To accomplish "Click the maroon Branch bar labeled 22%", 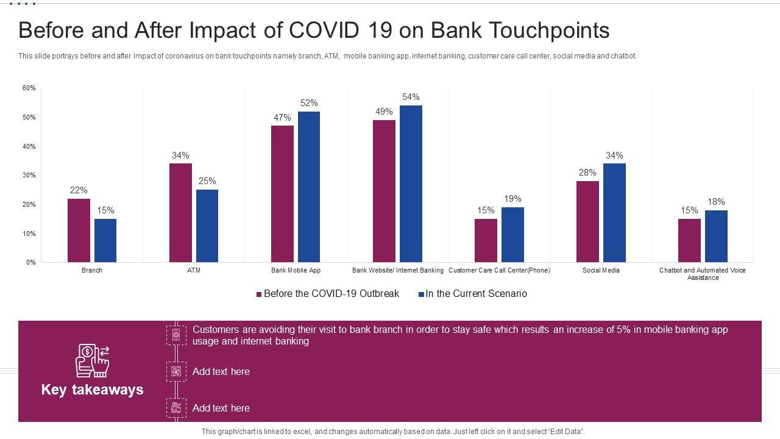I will tap(79, 230).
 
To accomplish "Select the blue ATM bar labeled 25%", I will tap(207, 226).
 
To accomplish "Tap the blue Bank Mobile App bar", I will tap(309, 187).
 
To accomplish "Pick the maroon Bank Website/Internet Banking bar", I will tap(384, 191).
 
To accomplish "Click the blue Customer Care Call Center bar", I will tap(512, 235).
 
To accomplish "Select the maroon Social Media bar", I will tap(587, 221).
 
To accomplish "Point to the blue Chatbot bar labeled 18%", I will tap(716, 236).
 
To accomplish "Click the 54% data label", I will tap(411, 97).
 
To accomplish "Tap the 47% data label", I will tap(282, 118).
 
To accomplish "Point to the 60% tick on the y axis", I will tap(29, 88).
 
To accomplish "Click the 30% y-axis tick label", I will tap(29, 176).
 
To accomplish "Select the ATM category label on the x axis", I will tap(194, 270).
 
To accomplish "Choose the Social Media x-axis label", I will tap(601, 270).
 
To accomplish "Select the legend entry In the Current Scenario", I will tap(476, 294).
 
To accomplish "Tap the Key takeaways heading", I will tap(92, 390).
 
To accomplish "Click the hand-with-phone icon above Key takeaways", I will tap(92, 360).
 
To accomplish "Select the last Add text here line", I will tap(221, 408).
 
